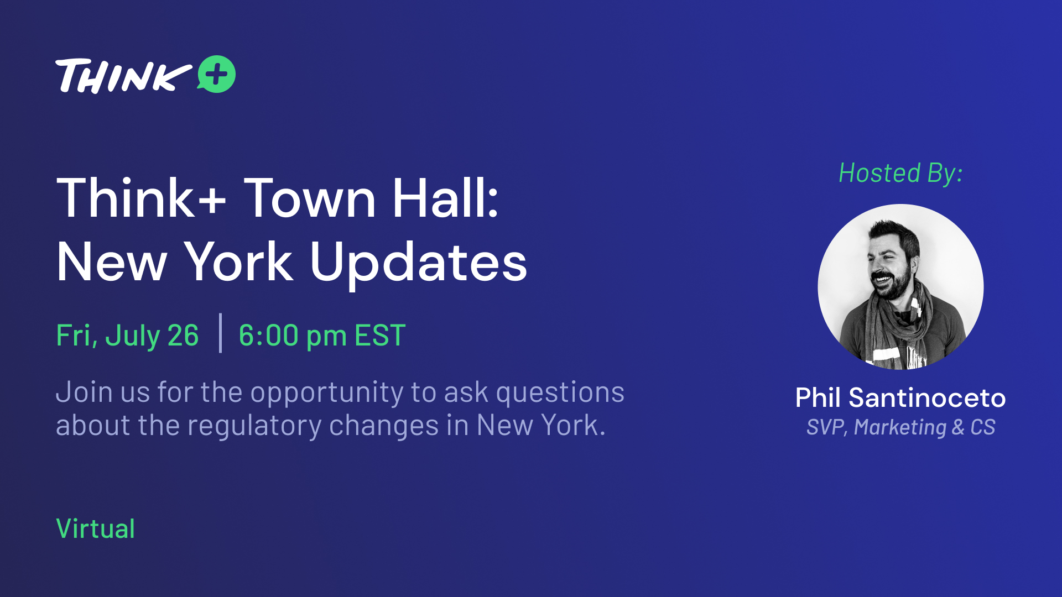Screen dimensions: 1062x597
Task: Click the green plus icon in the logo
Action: [216, 74]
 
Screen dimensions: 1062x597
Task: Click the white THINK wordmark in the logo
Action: [123, 76]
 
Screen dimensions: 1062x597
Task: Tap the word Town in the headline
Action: [310, 198]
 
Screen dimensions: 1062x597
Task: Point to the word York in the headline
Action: [238, 262]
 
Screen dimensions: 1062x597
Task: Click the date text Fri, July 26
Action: [127, 336]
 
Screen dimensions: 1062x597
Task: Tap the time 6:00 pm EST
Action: [322, 336]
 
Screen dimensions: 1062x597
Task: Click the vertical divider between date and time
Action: [221, 333]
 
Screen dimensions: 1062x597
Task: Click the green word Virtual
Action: [96, 528]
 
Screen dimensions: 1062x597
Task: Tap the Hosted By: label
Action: [900, 173]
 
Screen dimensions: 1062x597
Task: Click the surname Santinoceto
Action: [927, 398]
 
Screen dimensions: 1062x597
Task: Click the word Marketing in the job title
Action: [900, 427]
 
